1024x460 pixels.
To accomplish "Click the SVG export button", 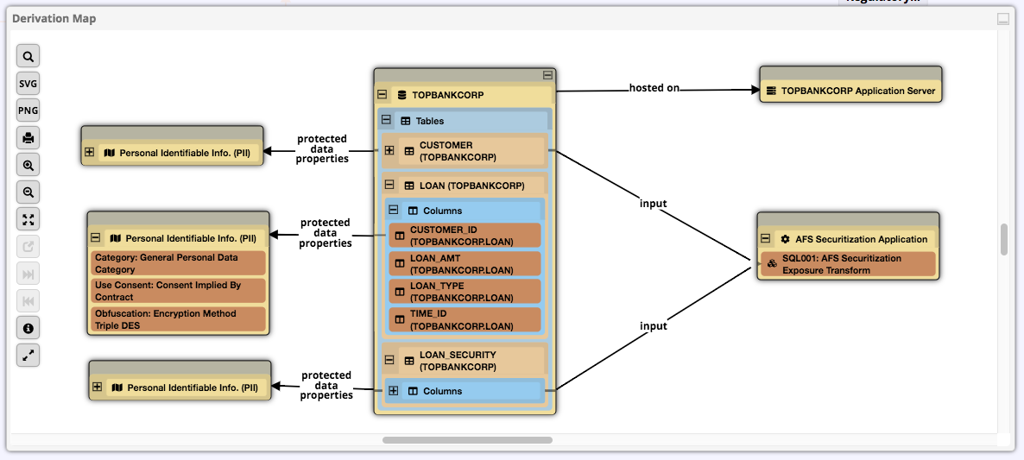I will coord(28,84).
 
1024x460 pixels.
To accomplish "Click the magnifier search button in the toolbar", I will coord(28,57).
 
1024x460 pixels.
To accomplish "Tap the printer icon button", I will coord(28,138).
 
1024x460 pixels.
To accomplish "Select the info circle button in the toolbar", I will coord(28,328).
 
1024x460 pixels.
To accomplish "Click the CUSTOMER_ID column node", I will coord(465,236).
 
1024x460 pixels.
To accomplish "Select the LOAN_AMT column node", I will coord(465,264).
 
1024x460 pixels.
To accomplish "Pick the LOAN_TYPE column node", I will coord(465,292).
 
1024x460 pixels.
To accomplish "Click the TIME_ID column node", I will coord(465,320).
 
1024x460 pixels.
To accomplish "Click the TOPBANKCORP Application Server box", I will coord(850,91).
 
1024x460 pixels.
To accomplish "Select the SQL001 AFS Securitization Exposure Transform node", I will coord(848,264).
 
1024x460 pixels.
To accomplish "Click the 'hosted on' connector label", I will coord(654,88).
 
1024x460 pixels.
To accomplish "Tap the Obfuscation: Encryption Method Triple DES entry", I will coord(179,319).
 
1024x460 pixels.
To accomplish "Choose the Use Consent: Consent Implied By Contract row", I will coord(179,291).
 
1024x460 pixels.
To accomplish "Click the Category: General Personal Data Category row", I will coord(179,263).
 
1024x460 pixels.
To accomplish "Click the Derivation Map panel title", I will coord(54,18).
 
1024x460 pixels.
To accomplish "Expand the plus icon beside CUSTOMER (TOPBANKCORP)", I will coord(389,151).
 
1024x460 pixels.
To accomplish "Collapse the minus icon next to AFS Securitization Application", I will coord(765,239).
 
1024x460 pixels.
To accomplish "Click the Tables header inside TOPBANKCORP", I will coord(429,121).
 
